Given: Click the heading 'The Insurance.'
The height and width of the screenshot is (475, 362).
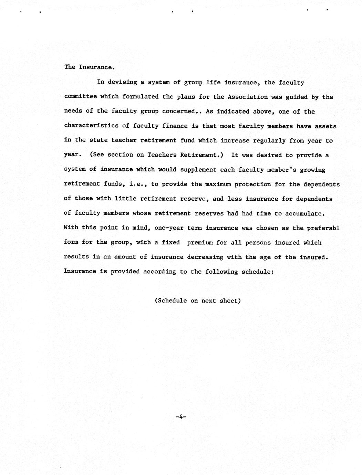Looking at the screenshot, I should pos(89,67).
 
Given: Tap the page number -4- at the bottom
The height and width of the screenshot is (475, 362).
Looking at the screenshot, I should pos(181,417).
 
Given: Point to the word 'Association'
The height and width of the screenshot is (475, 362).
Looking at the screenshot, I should pos(247,97).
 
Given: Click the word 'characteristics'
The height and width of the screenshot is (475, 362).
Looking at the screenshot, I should pos(91,126).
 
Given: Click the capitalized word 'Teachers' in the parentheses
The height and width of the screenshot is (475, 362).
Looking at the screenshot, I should pos(162,155).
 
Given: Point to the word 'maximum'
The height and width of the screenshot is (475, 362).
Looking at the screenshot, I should pos(218,184).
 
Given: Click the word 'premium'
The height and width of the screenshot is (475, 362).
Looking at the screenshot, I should pos(200,242).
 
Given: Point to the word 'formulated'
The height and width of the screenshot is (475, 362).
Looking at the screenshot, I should pos(140,97).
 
